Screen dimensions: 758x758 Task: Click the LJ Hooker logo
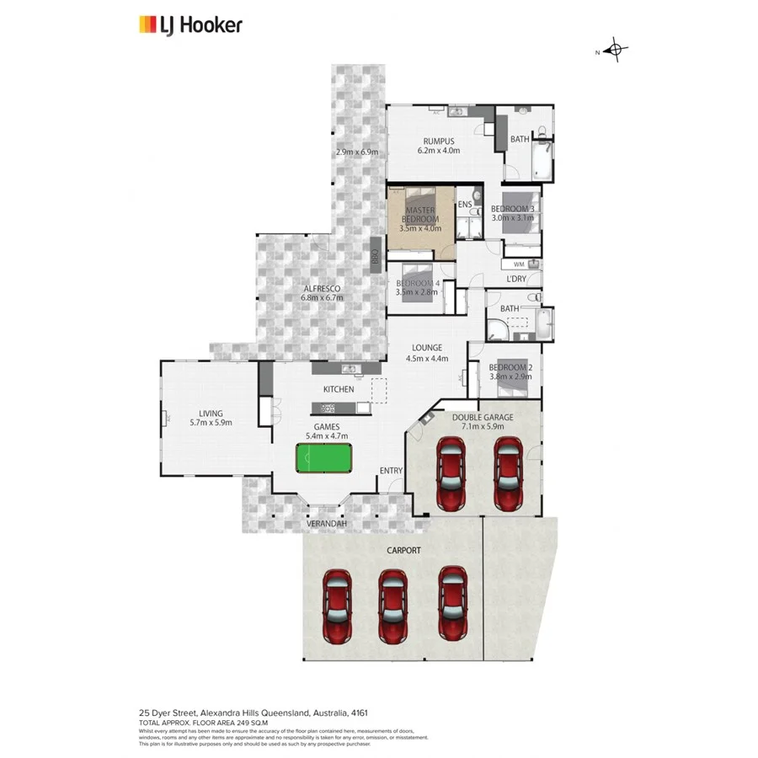tap(190, 25)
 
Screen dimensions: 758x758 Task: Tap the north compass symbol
tap(616, 51)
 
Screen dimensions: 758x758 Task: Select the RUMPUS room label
tap(439, 141)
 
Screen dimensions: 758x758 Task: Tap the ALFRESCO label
tap(322, 288)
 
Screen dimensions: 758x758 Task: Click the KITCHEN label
tap(339, 389)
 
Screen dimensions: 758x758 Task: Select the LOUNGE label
tap(427, 348)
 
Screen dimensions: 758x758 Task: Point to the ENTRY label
tap(391, 470)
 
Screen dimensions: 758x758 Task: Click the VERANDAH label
tap(326, 524)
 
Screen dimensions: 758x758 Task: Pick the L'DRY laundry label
tap(516, 279)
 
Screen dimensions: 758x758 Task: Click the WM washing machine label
tap(518, 264)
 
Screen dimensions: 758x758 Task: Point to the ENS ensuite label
tap(465, 205)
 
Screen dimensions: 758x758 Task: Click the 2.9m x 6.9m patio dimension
tap(357, 152)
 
